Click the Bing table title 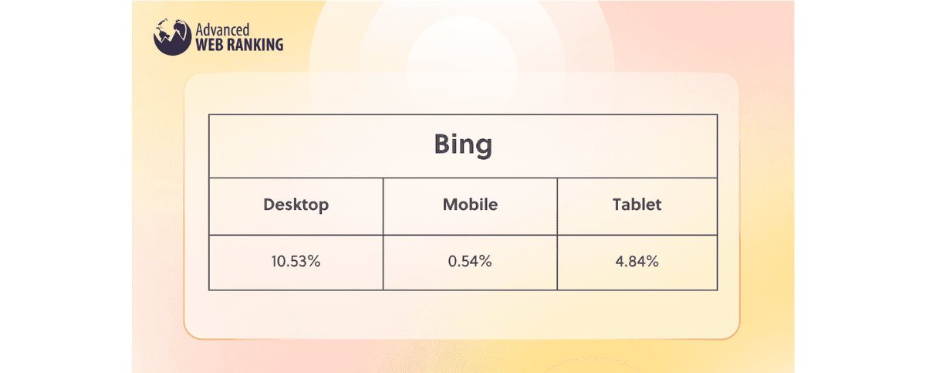[x=463, y=145]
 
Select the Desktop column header [x=296, y=205]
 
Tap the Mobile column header [x=470, y=205]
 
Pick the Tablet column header [x=637, y=205]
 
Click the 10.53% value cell [x=296, y=261]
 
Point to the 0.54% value [x=470, y=261]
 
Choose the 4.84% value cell [x=637, y=261]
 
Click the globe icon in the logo [x=172, y=37]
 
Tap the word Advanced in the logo [x=222, y=30]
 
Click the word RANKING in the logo [x=255, y=45]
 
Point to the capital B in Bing [x=443, y=144]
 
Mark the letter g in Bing [x=484, y=148]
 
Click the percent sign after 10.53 [x=314, y=261]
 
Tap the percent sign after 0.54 [x=485, y=261]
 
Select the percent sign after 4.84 [x=652, y=261]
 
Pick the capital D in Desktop [x=269, y=205]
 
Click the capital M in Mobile [x=450, y=205]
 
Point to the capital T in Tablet [x=618, y=205]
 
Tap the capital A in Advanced [x=200, y=30]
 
